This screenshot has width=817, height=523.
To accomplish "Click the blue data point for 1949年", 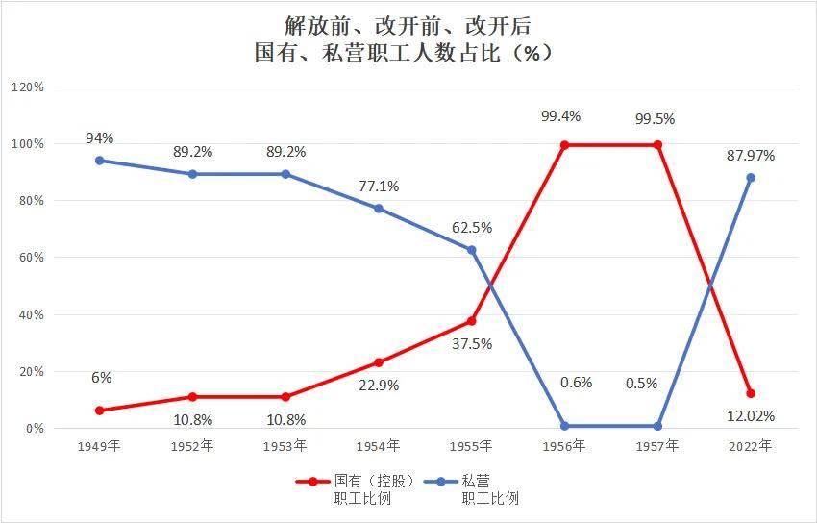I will coord(100,161).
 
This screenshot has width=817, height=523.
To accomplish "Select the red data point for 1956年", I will coord(564,145).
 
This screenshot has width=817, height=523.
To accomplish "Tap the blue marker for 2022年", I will coord(751,178).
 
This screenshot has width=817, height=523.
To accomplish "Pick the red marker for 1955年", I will coord(471,321).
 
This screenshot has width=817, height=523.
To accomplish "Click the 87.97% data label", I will coord(750,155).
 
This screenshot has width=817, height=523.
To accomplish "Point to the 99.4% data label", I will coord(561,115).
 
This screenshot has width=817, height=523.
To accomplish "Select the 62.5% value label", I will coord(472,228).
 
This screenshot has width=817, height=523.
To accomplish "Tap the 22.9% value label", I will coord(379,385).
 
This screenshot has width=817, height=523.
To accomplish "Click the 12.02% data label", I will coord(750,416).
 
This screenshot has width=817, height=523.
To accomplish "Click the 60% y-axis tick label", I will coord(30,258).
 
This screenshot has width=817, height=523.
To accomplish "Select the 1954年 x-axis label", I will coord(379,446).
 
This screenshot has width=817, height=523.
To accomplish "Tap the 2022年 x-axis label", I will coord(751,446).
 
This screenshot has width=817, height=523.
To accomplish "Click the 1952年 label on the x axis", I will coord(192,446).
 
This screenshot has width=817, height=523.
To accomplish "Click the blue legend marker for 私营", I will coord(441,481).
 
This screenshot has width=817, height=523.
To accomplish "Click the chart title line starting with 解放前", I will coord(408,24).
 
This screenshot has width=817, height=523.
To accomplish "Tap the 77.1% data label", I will coord(379,186).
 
